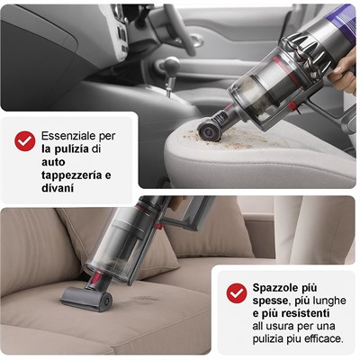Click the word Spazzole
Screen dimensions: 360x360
(273, 288)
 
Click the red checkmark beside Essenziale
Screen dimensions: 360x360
(25, 141)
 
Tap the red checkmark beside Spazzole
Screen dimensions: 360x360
(237, 293)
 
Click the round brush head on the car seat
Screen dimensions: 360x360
(208, 131)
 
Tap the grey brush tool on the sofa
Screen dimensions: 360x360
(86, 298)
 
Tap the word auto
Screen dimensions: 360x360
(53, 162)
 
